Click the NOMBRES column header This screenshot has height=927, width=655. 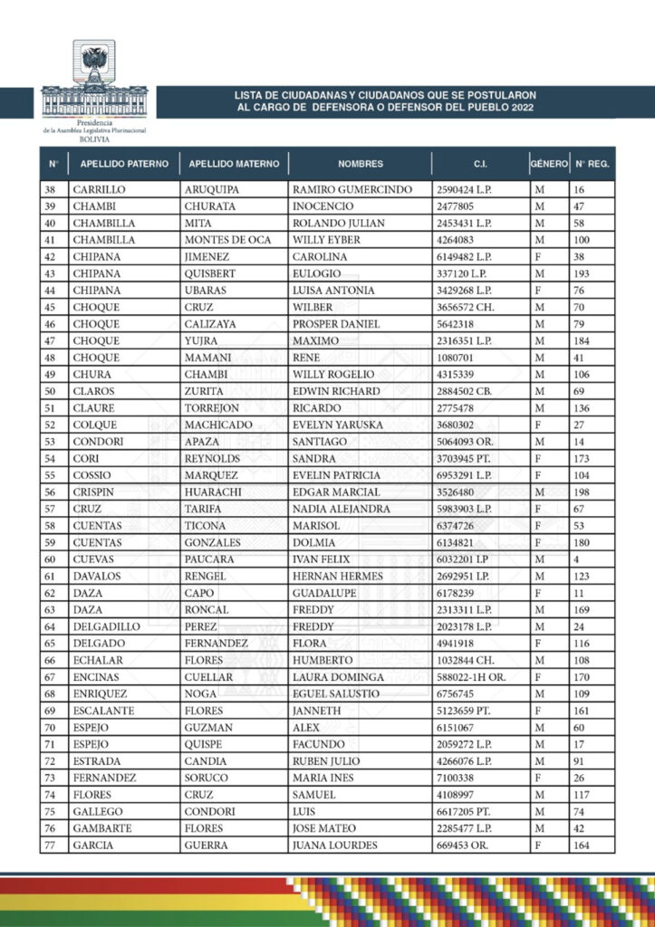(x=361, y=164)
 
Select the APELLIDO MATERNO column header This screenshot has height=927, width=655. (x=234, y=164)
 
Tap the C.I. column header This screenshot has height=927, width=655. (x=480, y=164)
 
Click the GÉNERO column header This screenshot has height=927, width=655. (x=549, y=164)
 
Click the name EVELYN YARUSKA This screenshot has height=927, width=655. (x=338, y=425)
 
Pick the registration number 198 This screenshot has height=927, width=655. (x=582, y=492)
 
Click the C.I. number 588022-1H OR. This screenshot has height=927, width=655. (x=476, y=677)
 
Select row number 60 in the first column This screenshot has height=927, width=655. (x=50, y=559)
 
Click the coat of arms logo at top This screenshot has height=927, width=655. (x=94, y=66)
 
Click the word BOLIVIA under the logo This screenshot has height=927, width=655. (x=94, y=140)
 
